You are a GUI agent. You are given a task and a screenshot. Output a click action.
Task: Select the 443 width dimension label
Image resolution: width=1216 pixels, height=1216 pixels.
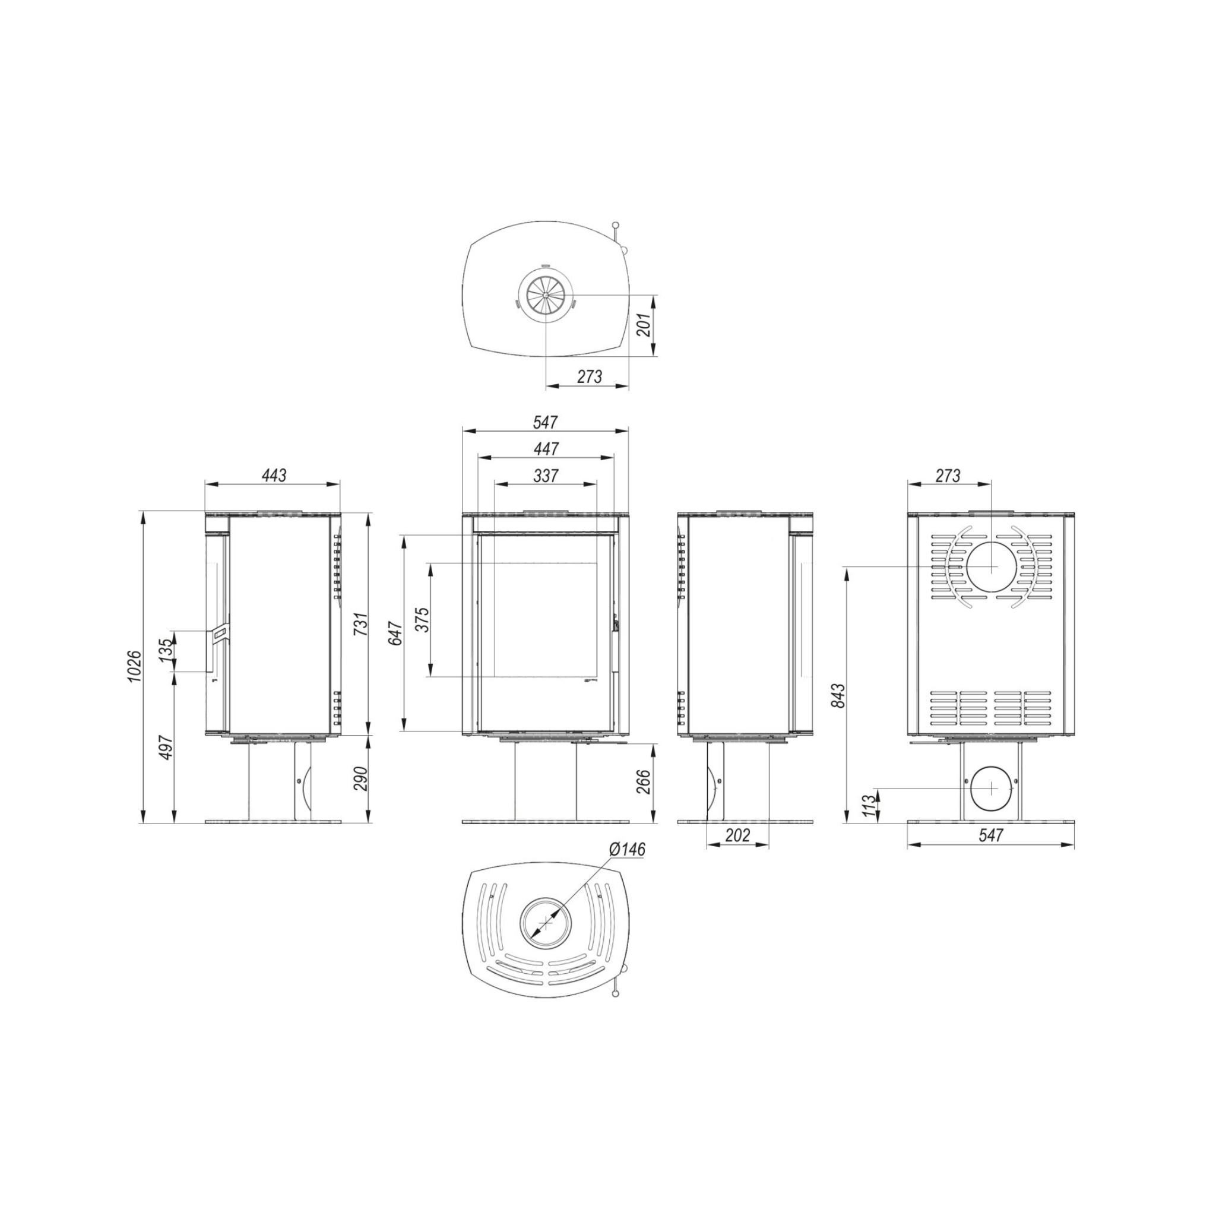coord(273,475)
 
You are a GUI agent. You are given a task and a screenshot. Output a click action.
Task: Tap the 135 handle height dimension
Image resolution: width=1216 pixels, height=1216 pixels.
coord(166,650)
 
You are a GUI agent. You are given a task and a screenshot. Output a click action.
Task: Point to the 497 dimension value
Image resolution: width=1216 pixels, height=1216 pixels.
coord(166,747)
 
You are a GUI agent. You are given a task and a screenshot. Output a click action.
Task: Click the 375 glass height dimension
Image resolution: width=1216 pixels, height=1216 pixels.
coord(422,620)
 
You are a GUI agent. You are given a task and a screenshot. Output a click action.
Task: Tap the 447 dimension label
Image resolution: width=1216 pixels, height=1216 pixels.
coord(546,449)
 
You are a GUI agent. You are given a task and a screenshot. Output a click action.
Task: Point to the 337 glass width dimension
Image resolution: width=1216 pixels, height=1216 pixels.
coord(546,476)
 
